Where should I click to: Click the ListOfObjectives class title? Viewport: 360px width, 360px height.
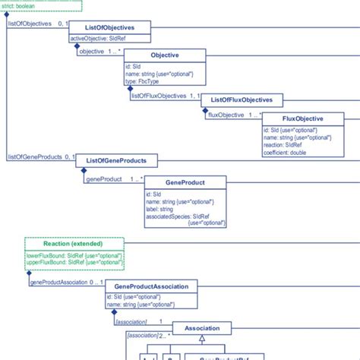(111, 28)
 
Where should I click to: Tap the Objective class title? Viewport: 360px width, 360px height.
(165, 55)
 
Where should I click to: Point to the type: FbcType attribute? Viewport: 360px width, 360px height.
(145, 81)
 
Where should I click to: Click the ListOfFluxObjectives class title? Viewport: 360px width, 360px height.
(235, 99)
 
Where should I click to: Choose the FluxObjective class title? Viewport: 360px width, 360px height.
(302, 120)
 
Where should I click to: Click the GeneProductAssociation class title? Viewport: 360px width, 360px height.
(152, 286)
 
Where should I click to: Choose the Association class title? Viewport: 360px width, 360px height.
(204, 329)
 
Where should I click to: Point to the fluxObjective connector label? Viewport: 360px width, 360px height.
(225, 115)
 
